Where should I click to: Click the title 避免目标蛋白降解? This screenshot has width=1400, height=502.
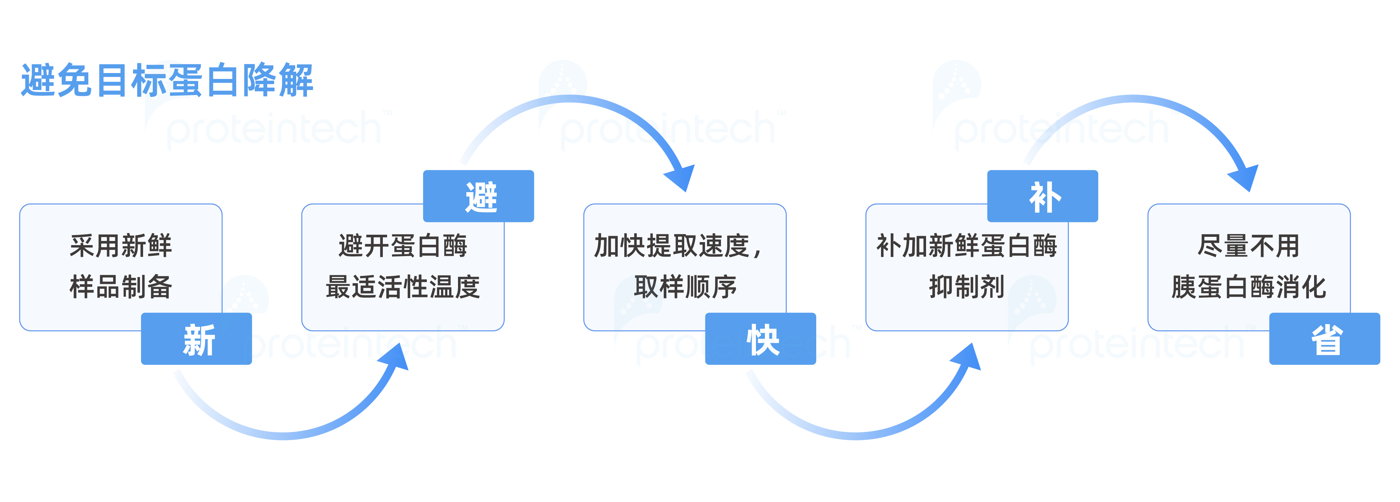click(167, 80)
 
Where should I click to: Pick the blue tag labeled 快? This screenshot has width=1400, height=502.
click(760, 339)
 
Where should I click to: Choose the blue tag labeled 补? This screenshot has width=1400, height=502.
click(1042, 196)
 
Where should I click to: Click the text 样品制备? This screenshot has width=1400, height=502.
click(121, 287)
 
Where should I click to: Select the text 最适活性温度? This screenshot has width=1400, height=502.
click(403, 287)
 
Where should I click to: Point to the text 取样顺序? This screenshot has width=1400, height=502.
click(685, 287)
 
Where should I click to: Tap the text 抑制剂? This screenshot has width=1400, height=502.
click(967, 287)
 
